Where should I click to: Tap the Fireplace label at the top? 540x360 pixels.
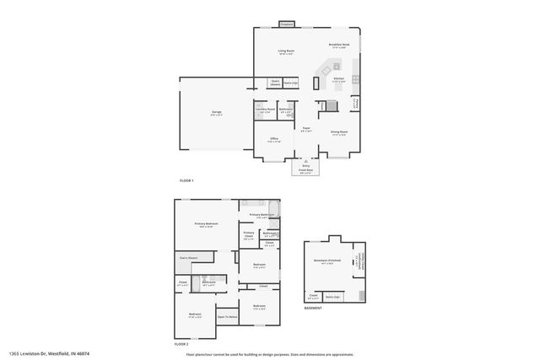pos(286,24)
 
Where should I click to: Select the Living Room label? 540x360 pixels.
pos(286,51)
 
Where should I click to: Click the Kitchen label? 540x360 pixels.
pos(338,79)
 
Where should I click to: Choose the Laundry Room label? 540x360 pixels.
pos(265,109)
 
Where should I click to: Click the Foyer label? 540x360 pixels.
pos(307,129)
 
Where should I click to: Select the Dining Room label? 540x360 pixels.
pos(339,132)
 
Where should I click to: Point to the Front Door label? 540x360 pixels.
pos(305,170)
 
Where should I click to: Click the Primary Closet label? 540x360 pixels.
pos(249,234)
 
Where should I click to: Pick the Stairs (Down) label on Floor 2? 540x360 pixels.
pos(188,257)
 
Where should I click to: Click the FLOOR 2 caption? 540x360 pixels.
pos(181,344)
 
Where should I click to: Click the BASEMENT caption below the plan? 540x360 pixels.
pos(314,309)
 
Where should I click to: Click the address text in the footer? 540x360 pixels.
pos(50,353)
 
